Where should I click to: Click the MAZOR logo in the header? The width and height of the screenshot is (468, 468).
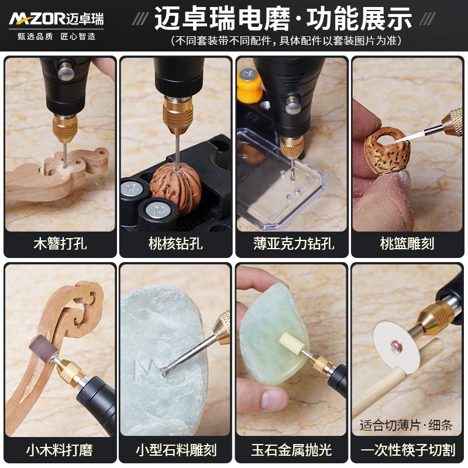(x=56, y=19)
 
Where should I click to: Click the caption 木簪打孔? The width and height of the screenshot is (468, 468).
(x=60, y=243)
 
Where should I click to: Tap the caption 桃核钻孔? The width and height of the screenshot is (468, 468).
(x=175, y=243)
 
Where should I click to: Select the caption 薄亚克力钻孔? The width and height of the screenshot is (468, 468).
(x=294, y=243)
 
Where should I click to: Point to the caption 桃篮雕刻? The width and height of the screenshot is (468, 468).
(x=407, y=243)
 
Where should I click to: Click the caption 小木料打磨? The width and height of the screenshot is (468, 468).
(x=60, y=450)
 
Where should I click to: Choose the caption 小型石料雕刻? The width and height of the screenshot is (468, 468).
(x=176, y=450)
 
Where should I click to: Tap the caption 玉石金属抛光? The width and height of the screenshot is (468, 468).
(x=291, y=450)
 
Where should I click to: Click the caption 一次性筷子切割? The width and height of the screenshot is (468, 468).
(x=408, y=450)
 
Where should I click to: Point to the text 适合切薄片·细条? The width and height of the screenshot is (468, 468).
(x=406, y=425)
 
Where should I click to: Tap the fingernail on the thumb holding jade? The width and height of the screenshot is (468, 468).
(x=274, y=399)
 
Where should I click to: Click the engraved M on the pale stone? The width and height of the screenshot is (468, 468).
(x=146, y=370)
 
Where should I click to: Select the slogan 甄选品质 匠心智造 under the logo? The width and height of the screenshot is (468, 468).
(x=56, y=36)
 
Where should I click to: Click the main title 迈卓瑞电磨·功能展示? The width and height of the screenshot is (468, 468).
(x=283, y=19)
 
